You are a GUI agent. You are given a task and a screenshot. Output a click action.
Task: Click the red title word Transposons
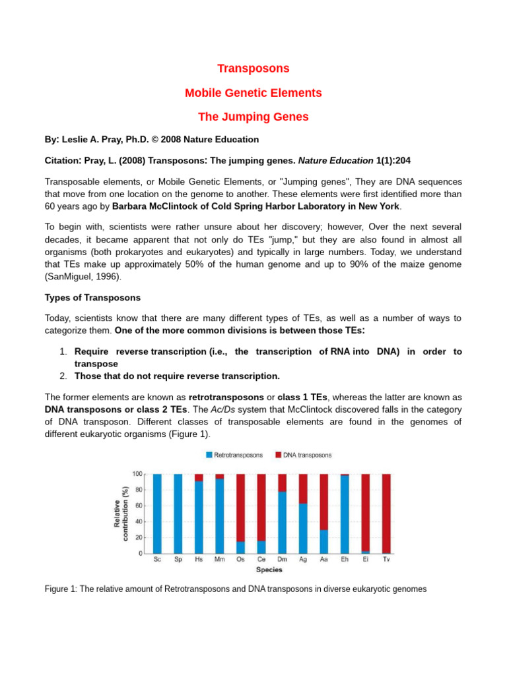click(x=253, y=69)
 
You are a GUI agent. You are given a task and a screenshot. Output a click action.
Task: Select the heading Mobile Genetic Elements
click(x=253, y=93)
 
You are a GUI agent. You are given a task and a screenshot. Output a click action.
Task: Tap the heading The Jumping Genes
click(x=253, y=117)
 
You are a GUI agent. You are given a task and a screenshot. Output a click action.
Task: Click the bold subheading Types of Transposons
click(x=92, y=298)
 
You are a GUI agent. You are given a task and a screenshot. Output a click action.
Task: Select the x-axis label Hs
click(x=199, y=560)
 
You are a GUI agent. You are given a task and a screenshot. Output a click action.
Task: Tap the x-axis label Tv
click(x=386, y=560)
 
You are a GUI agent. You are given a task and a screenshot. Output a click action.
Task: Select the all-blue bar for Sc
click(x=157, y=514)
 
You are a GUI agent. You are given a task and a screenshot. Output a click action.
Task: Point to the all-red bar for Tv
click(x=386, y=514)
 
